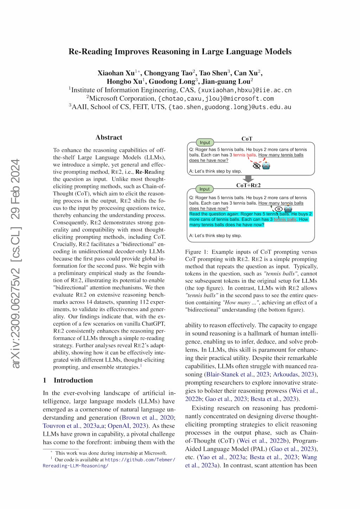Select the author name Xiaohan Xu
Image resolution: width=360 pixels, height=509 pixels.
click(x=116, y=73)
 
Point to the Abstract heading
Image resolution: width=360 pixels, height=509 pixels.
click(x=109, y=137)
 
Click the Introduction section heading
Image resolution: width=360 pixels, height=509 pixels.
click(x=73, y=380)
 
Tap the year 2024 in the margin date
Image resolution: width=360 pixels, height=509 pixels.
click(x=16, y=172)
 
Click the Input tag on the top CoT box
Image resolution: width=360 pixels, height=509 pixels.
click(x=205, y=142)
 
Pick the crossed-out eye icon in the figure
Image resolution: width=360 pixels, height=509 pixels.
click(x=257, y=166)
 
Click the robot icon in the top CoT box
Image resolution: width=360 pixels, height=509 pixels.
click(x=266, y=166)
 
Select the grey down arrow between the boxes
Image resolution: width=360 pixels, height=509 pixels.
click(x=248, y=179)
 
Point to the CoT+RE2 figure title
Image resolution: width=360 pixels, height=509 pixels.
click(x=248, y=185)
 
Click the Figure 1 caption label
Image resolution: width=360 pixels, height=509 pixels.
click(x=197, y=252)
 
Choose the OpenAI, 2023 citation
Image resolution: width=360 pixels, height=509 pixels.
click(x=127, y=426)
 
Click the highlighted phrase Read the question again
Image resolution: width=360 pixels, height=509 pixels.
click(x=214, y=214)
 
